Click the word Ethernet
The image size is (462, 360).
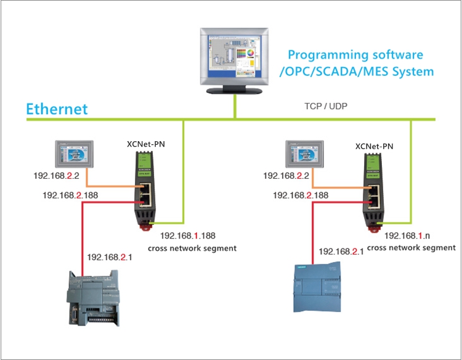coord(57,110)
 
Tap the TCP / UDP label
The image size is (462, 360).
coord(326,106)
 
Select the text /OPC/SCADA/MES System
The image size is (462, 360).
coord(356,72)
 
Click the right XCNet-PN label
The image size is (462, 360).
coord(375,147)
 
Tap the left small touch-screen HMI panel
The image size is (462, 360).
coord(74,155)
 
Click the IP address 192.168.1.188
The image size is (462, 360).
coord(189,235)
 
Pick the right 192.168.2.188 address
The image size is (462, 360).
coord(300,195)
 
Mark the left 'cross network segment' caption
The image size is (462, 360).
coord(192,248)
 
